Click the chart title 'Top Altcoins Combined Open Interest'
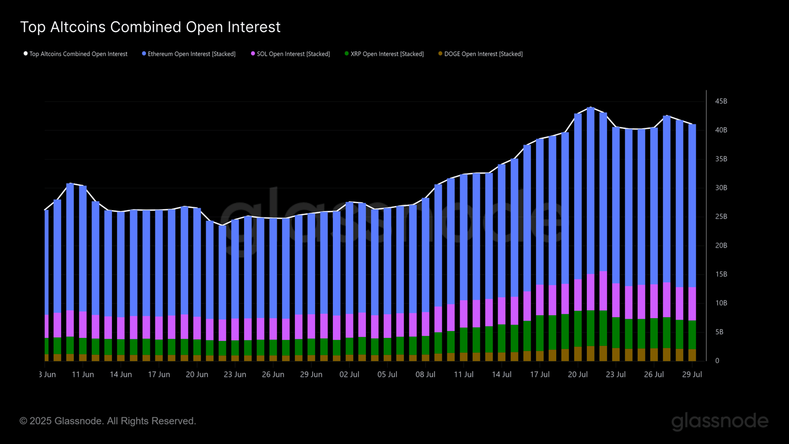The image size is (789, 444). tap(150, 27)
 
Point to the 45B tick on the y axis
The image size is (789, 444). tap(721, 101)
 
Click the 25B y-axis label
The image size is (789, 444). tap(721, 217)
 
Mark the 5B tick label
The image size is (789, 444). tap(719, 332)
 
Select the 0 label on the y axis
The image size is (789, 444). tap(717, 361)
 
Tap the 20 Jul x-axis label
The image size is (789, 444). tap(577, 374)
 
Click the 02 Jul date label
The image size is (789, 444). tap(349, 374)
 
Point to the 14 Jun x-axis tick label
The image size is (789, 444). tap(121, 374)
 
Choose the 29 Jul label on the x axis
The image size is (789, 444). tap(692, 374)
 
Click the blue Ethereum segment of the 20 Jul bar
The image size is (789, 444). tap(578, 197)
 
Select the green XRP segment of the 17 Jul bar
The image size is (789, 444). tap(540, 333)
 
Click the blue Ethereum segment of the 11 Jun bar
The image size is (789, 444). tap(83, 247)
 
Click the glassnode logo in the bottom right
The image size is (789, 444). tap(719, 421)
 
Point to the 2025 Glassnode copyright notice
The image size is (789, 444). tap(108, 421)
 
